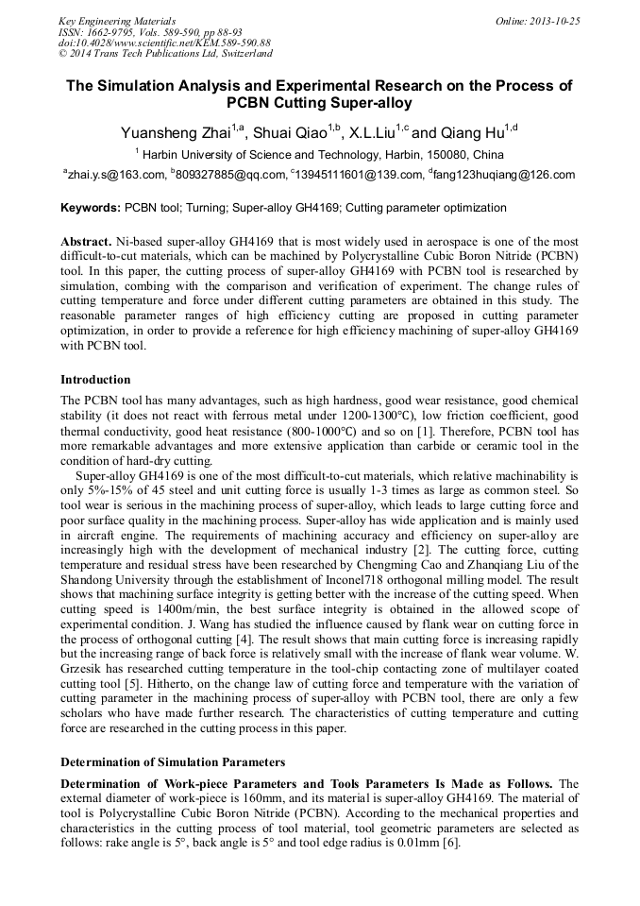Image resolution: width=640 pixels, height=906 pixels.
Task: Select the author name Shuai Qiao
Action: click(289, 132)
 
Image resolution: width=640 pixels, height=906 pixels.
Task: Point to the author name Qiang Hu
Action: click(472, 132)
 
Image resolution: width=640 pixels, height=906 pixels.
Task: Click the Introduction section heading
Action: click(95, 380)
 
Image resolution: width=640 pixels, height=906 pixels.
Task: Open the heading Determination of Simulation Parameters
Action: click(173, 761)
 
